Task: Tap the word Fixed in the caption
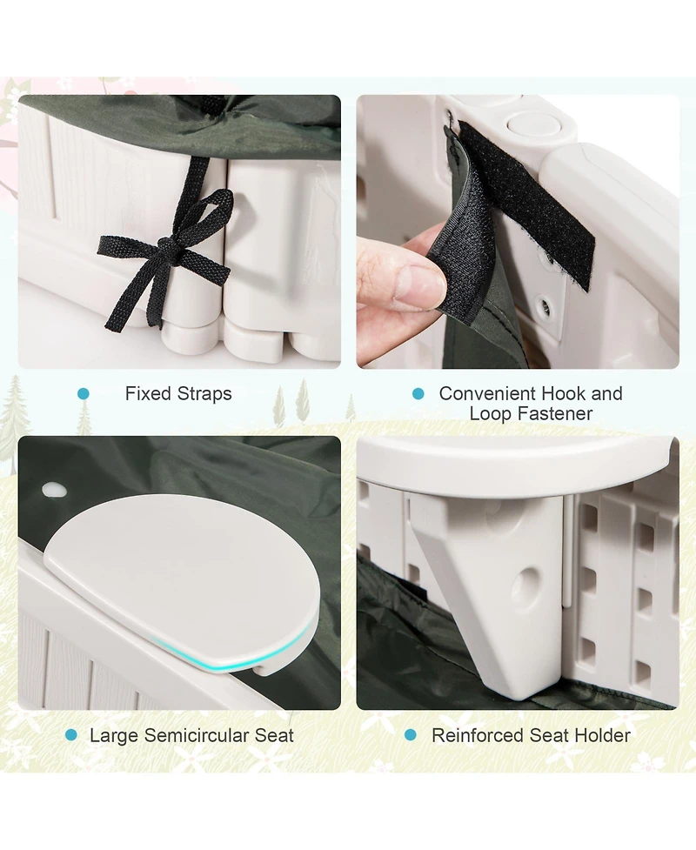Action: click(147, 393)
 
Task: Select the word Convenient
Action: click(485, 393)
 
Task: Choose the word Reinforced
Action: click(478, 736)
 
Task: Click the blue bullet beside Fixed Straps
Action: click(84, 394)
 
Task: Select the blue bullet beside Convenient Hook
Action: click(418, 394)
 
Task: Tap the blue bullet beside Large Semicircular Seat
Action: click(71, 736)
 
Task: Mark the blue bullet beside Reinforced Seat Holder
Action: click(411, 736)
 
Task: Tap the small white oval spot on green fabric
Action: click(54, 491)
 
